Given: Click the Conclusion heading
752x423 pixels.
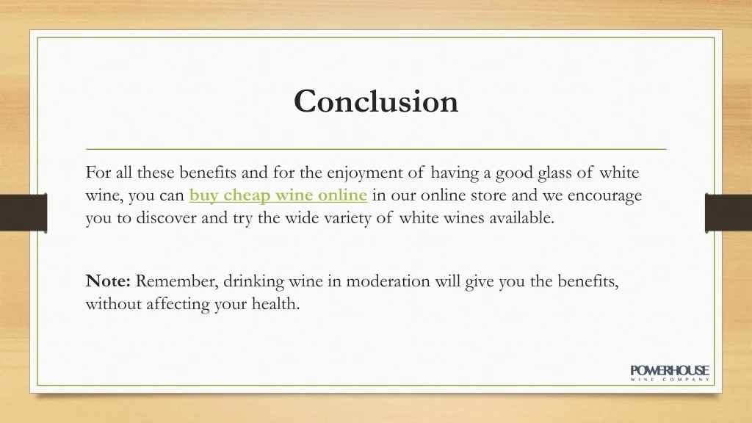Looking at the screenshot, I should [376, 101].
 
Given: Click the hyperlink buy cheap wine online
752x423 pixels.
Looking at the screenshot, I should [278, 195].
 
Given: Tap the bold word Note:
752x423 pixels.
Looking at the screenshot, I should [108, 281].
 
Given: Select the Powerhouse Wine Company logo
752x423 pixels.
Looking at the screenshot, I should [670, 373].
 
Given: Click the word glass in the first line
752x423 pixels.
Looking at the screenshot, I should [555, 173].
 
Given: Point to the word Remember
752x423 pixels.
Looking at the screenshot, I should [177, 281].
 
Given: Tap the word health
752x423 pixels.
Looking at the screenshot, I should [278, 303].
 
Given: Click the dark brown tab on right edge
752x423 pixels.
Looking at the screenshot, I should [728, 212].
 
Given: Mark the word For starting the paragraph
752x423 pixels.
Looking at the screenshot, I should [98, 173].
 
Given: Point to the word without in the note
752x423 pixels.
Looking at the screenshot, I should [106, 303].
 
